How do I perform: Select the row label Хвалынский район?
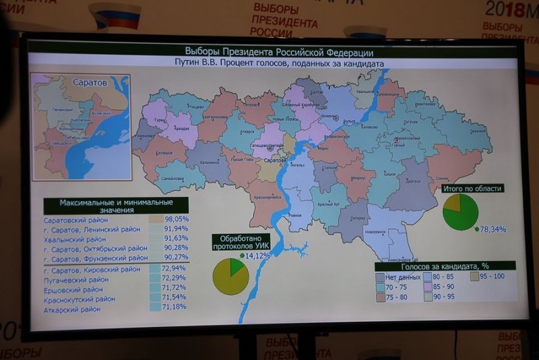tap(75, 239)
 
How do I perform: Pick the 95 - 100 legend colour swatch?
tap(474, 276)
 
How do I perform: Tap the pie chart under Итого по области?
tap(461, 212)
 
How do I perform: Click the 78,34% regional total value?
tap(493, 229)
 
